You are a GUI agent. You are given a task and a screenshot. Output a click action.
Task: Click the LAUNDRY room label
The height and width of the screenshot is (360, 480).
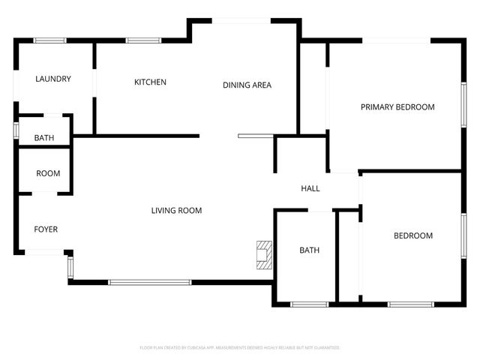point(53,79)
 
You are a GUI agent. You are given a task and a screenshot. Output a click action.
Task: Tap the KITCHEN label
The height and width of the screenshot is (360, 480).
point(150,82)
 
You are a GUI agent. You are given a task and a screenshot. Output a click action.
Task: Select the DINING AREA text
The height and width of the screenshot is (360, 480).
point(247,85)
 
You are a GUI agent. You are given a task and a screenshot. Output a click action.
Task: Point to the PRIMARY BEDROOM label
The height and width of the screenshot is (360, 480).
point(397,107)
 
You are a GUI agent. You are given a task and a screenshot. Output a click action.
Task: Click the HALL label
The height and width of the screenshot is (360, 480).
point(310,188)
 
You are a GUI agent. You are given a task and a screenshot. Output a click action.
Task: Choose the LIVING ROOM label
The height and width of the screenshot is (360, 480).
point(176,211)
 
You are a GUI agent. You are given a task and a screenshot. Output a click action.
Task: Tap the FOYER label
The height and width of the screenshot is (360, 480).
point(46,229)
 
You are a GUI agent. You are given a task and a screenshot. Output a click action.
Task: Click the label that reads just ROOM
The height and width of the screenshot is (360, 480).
point(48,173)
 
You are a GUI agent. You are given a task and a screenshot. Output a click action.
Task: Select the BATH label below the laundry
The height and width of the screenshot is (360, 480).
point(43,138)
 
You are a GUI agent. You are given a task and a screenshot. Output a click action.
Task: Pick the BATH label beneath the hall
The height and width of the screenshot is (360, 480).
point(310,250)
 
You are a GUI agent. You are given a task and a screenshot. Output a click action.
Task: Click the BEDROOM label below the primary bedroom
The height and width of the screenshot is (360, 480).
point(413,235)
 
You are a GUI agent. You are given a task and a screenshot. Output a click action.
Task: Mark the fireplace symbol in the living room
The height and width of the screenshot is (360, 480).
point(262,254)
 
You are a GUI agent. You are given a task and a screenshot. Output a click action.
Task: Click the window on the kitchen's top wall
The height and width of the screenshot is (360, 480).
point(138,40)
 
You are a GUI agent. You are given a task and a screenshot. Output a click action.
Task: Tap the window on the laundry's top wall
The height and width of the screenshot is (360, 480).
point(50,40)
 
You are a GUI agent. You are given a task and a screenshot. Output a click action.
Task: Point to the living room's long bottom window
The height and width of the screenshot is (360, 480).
point(149,282)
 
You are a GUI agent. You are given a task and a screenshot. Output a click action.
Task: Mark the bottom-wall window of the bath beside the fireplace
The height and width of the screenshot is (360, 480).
point(309,304)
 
